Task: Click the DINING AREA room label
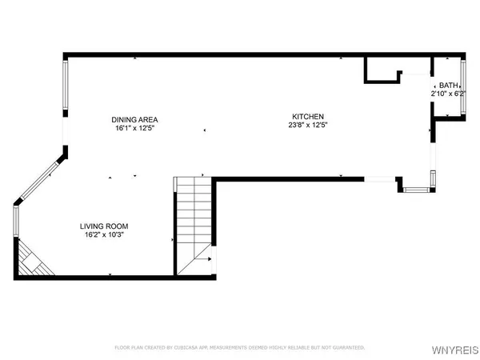(x=134, y=119)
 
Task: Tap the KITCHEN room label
(x=308, y=116)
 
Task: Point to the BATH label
(x=449, y=86)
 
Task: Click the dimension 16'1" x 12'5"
(x=134, y=128)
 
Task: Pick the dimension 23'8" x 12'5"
(x=308, y=125)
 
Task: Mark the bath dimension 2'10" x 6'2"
(x=449, y=94)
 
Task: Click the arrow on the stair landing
(x=206, y=258)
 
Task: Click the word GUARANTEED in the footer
(x=344, y=348)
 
